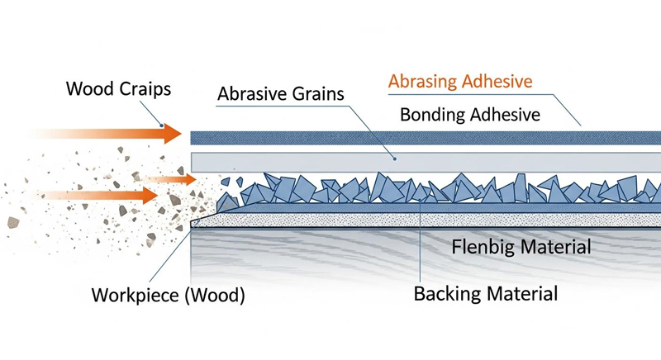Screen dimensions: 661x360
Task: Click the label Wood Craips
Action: (x=118, y=89)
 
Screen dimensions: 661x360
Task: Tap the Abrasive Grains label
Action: (x=281, y=93)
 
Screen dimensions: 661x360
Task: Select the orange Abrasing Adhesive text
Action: (x=460, y=81)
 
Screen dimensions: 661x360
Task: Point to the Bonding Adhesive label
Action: (x=470, y=115)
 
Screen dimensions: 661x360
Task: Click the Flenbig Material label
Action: (x=521, y=246)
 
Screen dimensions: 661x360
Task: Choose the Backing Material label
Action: (x=486, y=293)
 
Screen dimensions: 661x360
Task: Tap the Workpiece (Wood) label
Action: (x=169, y=295)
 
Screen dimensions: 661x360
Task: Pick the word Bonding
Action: (x=433, y=115)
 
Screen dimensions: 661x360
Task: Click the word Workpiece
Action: (x=136, y=295)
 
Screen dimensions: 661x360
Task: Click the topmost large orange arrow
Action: (x=105, y=134)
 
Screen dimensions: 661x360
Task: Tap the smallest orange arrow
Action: (x=169, y=180)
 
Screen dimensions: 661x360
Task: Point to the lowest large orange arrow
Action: (x=97, y=196)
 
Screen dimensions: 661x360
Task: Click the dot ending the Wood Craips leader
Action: (x=161, y=126)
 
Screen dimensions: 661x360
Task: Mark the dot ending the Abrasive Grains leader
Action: (x=395, y=159)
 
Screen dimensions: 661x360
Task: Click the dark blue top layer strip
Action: (x=426, y=138)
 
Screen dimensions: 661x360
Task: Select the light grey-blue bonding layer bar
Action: (x=426, y=162)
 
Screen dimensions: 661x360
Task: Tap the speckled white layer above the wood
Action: (x=426, y=220)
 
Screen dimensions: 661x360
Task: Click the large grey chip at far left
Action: (x=13, y=222)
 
